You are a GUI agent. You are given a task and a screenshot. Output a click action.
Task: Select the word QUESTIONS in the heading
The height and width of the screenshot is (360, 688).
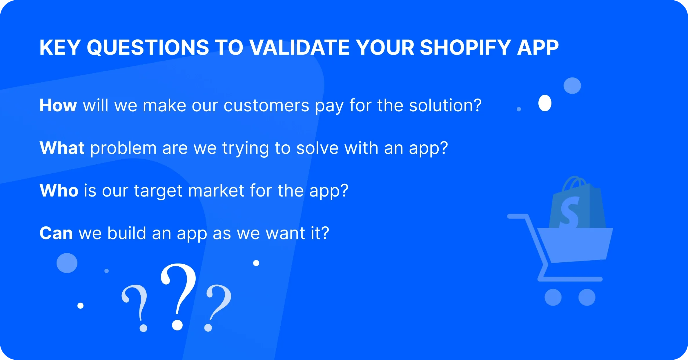[148, 47]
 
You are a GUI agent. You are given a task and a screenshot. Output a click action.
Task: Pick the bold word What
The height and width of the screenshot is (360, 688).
[62, 148]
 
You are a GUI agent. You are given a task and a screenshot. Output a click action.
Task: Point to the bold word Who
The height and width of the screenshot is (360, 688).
[59, 190]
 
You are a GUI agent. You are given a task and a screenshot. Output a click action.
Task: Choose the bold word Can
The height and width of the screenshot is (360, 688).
[56, 233]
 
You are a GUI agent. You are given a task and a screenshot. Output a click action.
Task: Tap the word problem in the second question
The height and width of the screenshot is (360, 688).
[123, 148]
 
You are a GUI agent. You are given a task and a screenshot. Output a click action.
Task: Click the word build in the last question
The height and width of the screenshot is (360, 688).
[126, 233]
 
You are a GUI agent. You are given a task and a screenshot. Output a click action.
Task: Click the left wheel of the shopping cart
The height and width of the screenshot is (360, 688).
[553, 297]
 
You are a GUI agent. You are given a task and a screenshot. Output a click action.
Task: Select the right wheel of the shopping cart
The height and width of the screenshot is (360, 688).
[587, 297]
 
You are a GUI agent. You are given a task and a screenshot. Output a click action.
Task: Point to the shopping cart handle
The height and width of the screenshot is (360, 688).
[518, 217]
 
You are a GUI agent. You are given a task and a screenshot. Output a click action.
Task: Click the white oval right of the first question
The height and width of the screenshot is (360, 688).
[545, 103]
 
